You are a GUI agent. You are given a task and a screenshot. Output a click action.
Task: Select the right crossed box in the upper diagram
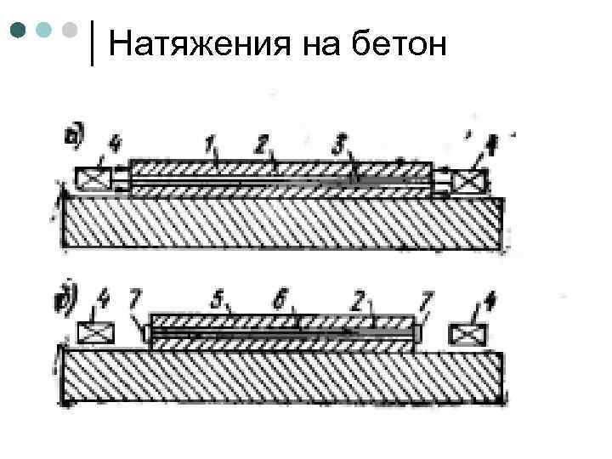469,181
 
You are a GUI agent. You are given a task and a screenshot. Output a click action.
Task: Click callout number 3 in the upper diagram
342,146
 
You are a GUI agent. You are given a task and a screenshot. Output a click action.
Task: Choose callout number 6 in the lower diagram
283,298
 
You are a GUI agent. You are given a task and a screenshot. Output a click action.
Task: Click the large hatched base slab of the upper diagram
280,223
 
